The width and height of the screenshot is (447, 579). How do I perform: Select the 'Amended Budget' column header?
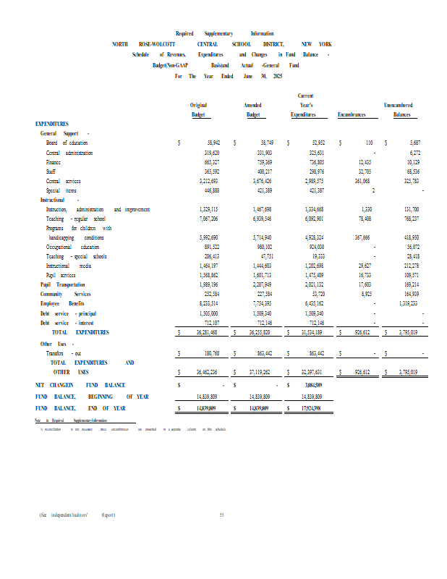(253, 110)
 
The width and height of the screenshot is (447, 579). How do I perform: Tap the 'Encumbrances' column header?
(352, 115)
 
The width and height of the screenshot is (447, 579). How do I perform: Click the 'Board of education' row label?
(67, 143)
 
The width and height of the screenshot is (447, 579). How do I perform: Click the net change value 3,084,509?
(313, 385)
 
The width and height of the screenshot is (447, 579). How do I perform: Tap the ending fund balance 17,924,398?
(312, 409)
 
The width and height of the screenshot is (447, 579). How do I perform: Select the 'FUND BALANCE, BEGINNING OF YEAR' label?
(92, 397)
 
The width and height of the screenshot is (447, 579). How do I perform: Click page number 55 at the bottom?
(223, 515)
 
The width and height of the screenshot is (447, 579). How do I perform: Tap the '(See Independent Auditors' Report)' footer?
(77, 515)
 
